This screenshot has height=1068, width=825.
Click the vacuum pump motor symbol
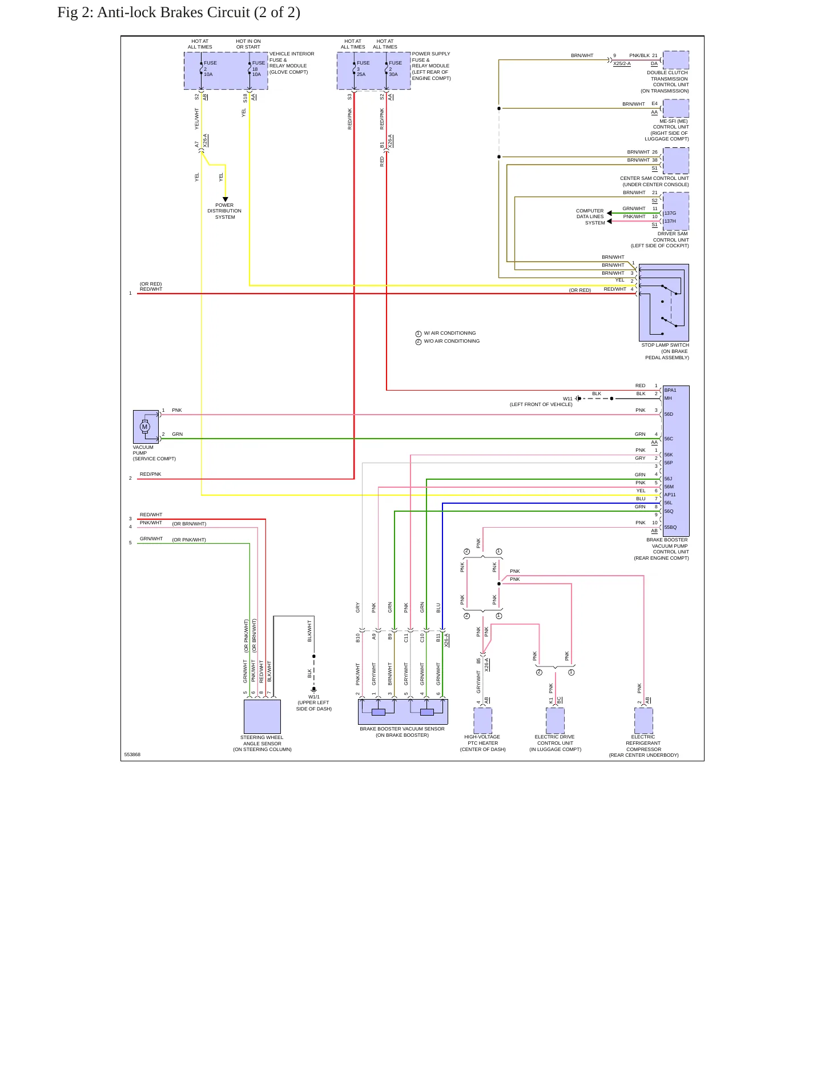click(x=145, y=427)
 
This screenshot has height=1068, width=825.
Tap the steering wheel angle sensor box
click(x=262, y=716)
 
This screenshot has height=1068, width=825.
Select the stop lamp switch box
click(x=664, y=303)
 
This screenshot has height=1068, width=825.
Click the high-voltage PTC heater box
click(x=483, y=721)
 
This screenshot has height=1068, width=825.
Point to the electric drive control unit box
click(x=556, y=721)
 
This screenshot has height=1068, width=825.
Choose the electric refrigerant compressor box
click(x=643, y=721)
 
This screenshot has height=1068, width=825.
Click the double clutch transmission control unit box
click(x=676, y=60)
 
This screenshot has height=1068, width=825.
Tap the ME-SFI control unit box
click(x=676, y=109)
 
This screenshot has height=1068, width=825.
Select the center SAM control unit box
click(x=676, y=160)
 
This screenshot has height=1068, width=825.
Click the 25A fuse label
click(x=361, y=74)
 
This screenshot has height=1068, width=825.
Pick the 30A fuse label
click(x=393, y=74)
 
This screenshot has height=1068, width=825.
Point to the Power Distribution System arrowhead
click(x=226, y=199)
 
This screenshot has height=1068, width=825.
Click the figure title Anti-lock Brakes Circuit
click(x=179, y=13)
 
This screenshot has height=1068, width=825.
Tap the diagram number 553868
click(x=132, y=754)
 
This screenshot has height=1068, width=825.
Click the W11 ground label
click(x=568, y=399)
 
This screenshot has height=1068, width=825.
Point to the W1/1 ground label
click(x=314, y=697)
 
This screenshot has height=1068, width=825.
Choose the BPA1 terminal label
click(x=670, y=390)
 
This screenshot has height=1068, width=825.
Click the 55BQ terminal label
click(x=670, y=527)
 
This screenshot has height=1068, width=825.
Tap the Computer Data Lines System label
click(x=590, y=217)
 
